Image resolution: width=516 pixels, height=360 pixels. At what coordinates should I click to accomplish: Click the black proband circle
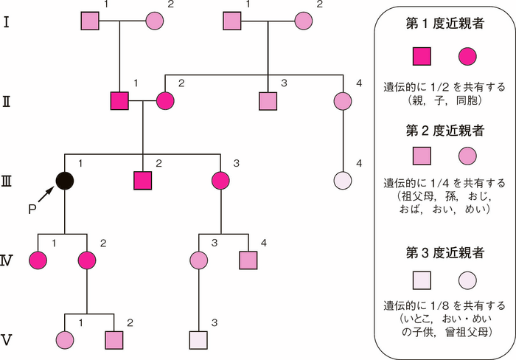[x=65, y=180]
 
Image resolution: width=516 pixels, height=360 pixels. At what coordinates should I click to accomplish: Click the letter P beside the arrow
[x=32, y=209]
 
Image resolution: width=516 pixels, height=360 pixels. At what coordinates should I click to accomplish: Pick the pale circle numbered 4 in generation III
[x=343, y=180]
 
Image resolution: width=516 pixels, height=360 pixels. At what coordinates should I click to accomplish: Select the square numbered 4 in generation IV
[x=249, y=260]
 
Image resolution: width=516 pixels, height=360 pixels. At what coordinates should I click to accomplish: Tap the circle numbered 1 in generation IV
[x=38, y=260]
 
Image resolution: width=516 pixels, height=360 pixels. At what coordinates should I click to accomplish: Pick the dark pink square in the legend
[x=422, y=56]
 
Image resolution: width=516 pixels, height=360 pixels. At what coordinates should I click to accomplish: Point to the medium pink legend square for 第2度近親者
[x=422, y=156]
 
